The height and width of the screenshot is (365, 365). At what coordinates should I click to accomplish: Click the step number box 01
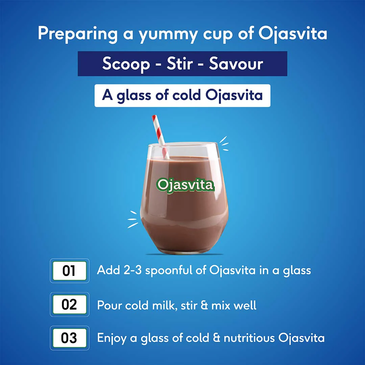coord(69,271)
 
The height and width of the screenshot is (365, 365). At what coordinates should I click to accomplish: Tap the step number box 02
coord(69,305)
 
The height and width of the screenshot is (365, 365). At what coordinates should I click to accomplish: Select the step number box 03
coord(69,338)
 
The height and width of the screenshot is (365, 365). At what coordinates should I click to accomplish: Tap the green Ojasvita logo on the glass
coord(185,185)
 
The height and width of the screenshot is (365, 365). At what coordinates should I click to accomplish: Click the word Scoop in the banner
coord(126,64)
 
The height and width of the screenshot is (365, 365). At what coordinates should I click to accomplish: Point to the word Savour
coord(236,64)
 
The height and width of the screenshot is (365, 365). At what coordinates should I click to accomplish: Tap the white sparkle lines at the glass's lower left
coord(133,219)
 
